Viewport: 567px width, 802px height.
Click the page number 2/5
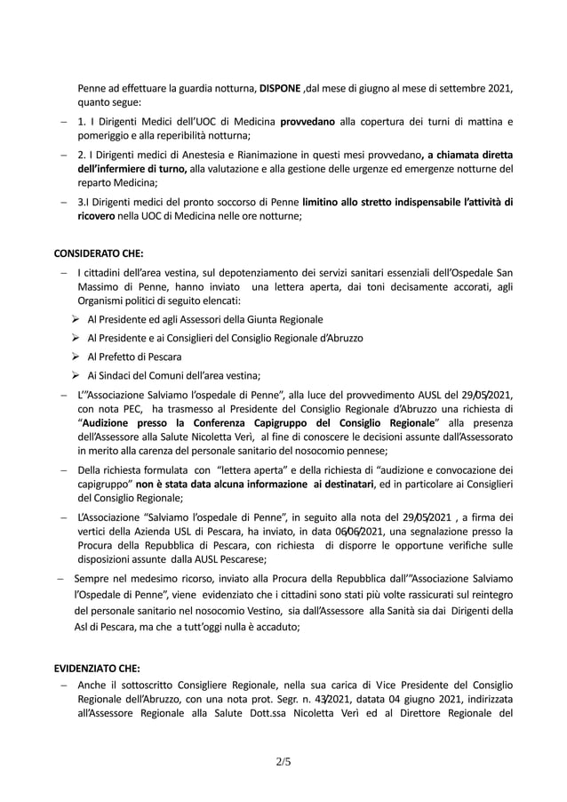283,761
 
